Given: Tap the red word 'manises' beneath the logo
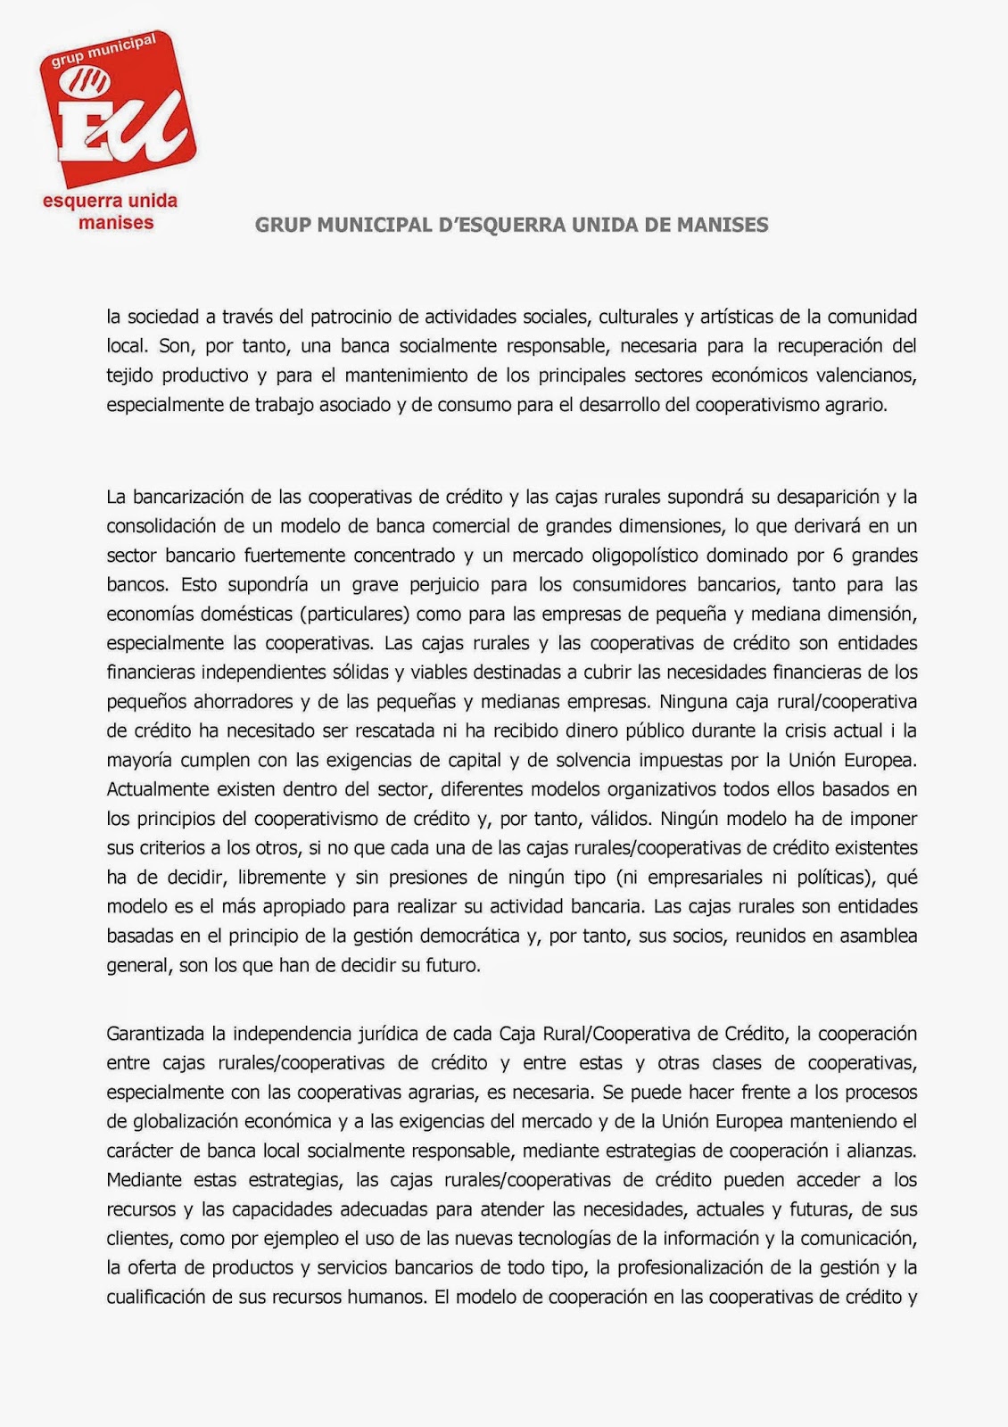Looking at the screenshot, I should coord(116,223).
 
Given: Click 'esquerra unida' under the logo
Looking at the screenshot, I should coord(110,201).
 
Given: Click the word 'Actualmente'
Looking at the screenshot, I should coord(158,790).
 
